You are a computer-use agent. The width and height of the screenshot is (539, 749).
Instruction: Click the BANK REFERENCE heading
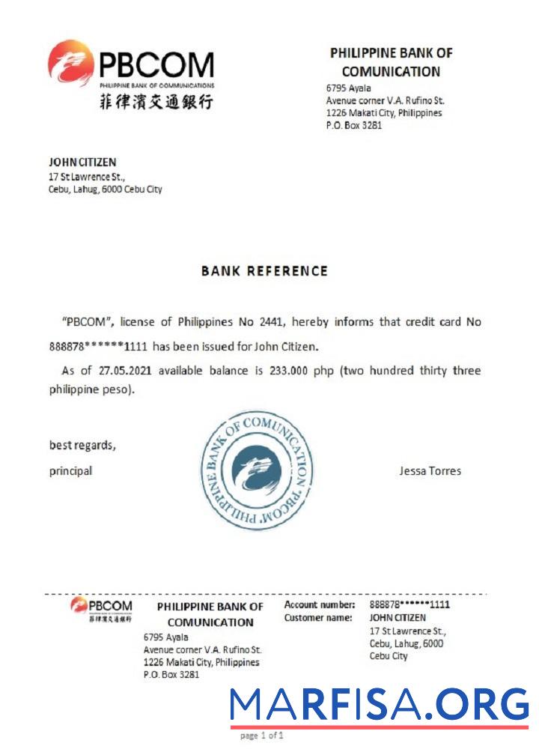point(264,271)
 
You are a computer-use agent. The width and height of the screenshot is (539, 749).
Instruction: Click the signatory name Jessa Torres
point(430,471)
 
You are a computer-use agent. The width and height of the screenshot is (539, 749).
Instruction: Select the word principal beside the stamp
point(70,471)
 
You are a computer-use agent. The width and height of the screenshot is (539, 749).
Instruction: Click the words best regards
point(82,446)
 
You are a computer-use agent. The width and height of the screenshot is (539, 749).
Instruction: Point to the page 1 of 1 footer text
point(262,736)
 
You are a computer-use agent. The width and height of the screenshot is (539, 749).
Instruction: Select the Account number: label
point(319,604)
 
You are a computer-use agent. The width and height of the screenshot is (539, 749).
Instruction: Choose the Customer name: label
point(317,618)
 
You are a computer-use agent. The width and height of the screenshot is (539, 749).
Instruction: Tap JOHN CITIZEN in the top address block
point(82,162)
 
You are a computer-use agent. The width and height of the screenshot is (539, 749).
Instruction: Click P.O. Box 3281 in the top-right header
point(354,126)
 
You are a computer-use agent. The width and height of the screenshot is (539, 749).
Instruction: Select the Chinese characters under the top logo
point(156,102)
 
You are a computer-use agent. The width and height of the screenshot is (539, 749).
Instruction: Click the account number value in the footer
point(409,604)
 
